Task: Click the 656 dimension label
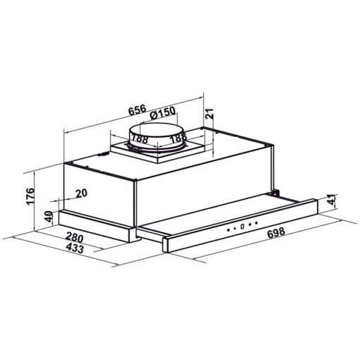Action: (x=138, y=109)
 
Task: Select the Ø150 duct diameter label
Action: (x=163, y=112)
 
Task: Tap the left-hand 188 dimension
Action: (x=139, y=138)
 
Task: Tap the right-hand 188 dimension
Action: (x=178, y=138)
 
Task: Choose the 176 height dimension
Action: (x=30, y=196)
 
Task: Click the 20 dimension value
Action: (x=81, y=193)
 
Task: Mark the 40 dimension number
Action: (x=49, y=217)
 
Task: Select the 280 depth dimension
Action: (x=75, y=237)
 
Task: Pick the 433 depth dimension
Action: (x=75, y=248)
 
